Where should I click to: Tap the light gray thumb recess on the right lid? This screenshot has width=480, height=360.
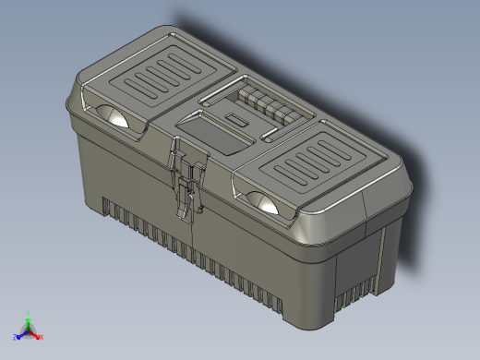click(265, 202)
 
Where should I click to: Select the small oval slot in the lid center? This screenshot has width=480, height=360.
click(239, 122)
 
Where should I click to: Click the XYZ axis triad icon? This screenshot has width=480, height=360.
click(29, 329)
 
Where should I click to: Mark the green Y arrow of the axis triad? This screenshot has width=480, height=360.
click(29, 317)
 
